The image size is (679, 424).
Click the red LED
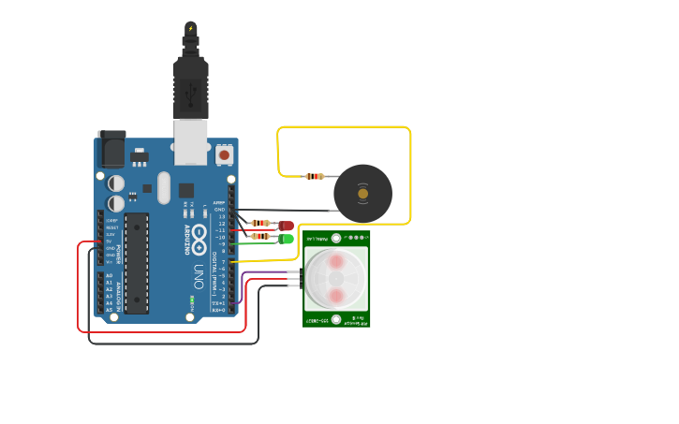point(286,226)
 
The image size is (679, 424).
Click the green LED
point(286,240)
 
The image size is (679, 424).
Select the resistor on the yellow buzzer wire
point(316,176)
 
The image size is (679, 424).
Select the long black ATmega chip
point(137,262)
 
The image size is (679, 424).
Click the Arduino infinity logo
point(199,240)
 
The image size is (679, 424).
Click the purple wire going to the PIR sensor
point(267,272)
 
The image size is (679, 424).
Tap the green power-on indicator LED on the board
point(192,301)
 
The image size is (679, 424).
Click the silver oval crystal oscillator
point(165,187)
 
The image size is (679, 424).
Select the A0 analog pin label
point(109,275)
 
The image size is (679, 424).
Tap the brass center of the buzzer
point(362,194)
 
